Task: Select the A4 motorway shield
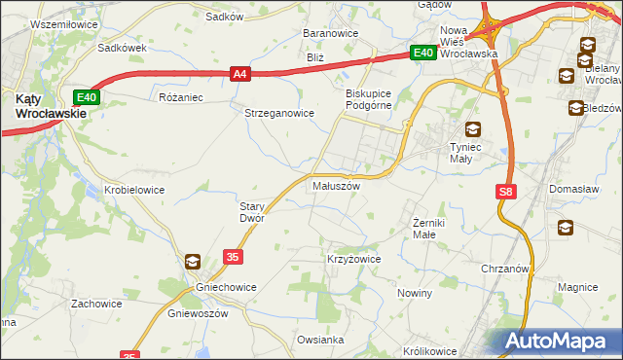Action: point(241,72)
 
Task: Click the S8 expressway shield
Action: point(504,193)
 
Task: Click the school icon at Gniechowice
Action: point(193,261)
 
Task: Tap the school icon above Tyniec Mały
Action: point(472,128)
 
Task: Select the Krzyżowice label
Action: point(352,260)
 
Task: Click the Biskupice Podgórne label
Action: point(368,99)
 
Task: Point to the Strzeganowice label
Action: point(278,112)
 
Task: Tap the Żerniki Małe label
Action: point(424,229)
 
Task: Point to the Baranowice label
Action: point(331,33)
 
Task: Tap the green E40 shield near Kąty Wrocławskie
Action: point(87,96)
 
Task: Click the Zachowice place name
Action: point(96,304)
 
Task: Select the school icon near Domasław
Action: point(566,228)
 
